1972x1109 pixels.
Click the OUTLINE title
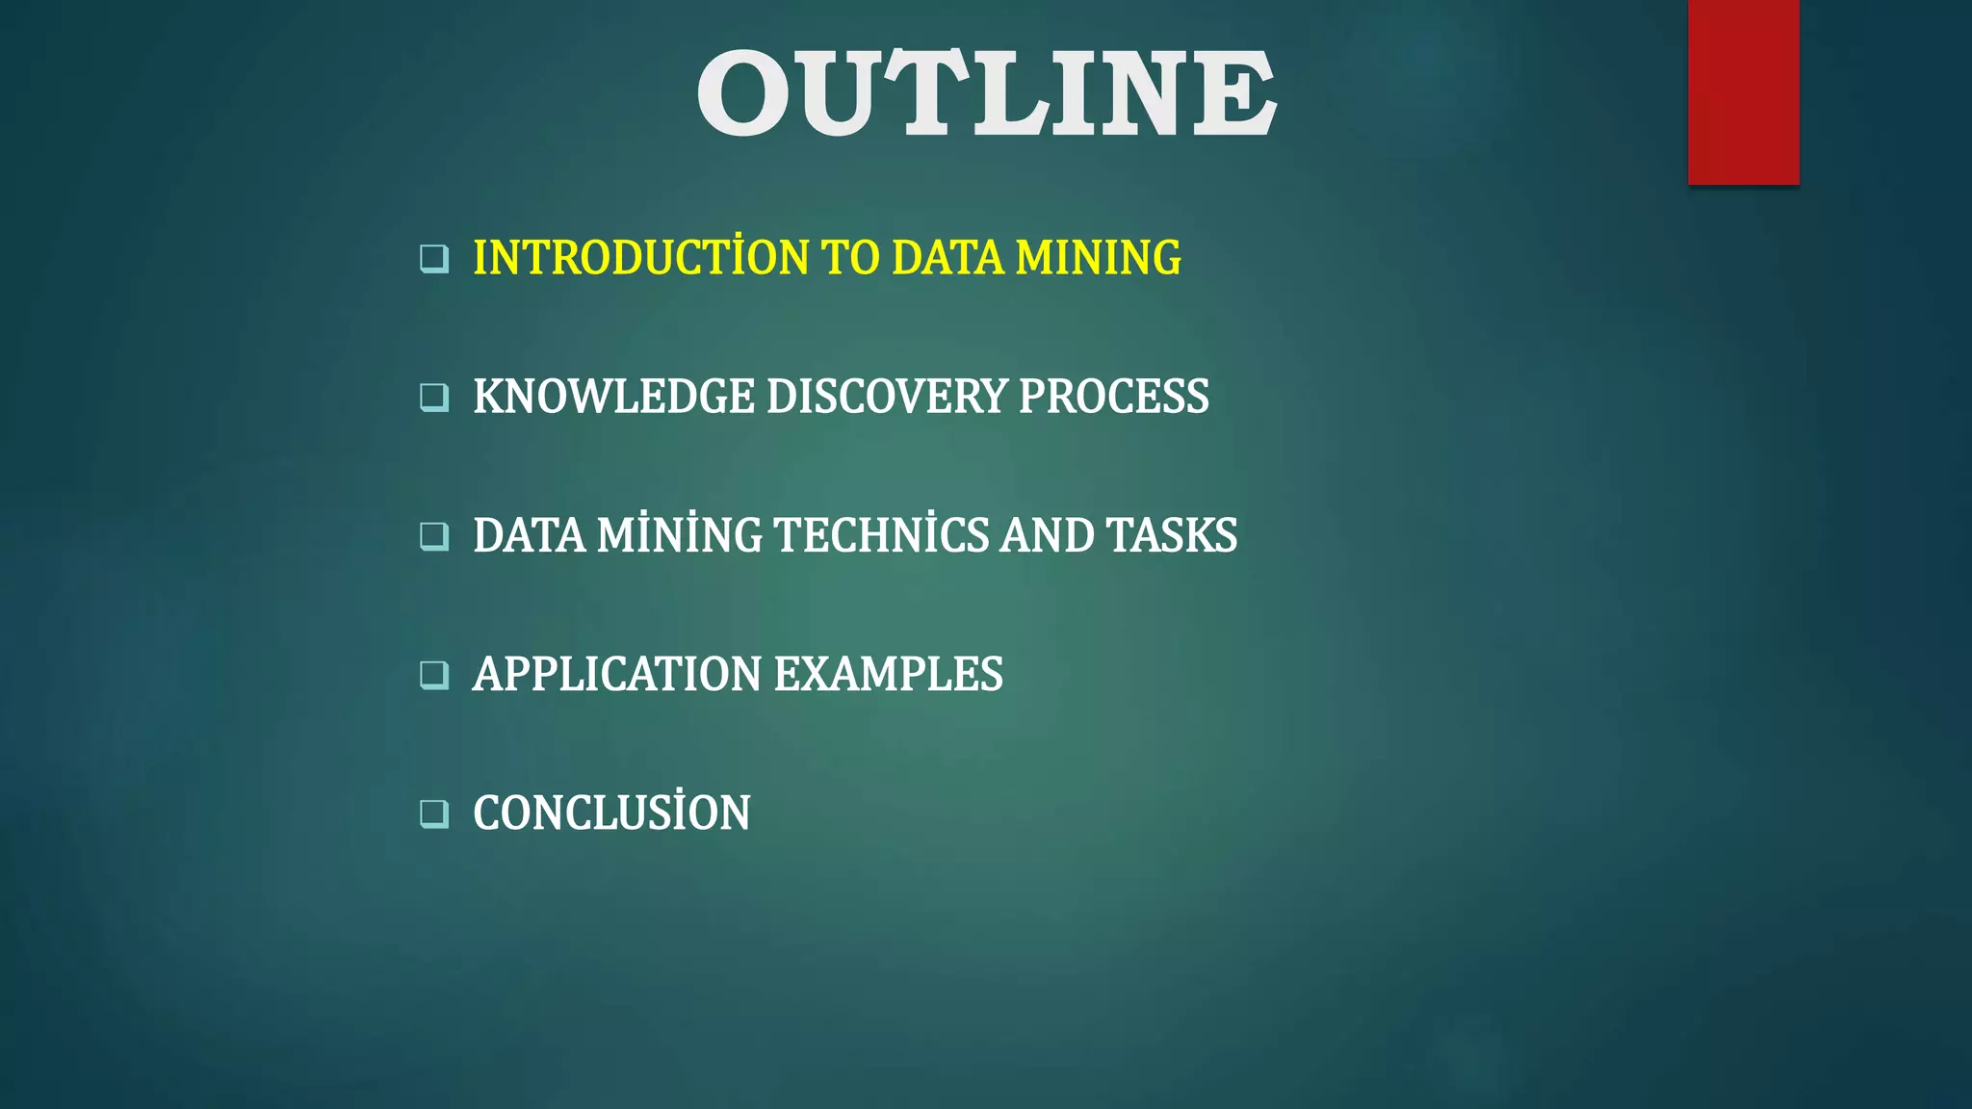click(x=986, y=92)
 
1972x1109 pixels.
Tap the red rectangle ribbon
click(x=1743, y=91)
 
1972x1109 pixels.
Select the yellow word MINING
click(x=1098, y=258)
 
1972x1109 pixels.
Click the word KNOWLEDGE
click(x=613, y=397)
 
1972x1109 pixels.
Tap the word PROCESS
click(x=1113, y=397)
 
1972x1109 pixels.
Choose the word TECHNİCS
click(x=881, y=535)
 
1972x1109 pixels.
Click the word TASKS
click(x=1172, y=535)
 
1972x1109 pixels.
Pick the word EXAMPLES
click(x=888, y=674)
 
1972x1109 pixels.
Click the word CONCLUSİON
click(x=611, y=812)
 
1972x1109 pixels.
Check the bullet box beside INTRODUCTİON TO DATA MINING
click(x=434, y=259)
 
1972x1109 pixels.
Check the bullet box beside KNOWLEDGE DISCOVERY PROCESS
click(x=434, y=398)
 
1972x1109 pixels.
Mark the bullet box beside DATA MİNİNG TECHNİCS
click(x=434, y=536)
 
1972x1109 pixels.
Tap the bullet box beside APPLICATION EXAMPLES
click(x=434, y=675)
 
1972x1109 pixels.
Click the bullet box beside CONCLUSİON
click(x=434, y=813)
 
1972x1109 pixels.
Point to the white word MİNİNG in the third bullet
click(x=679, y=535)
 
